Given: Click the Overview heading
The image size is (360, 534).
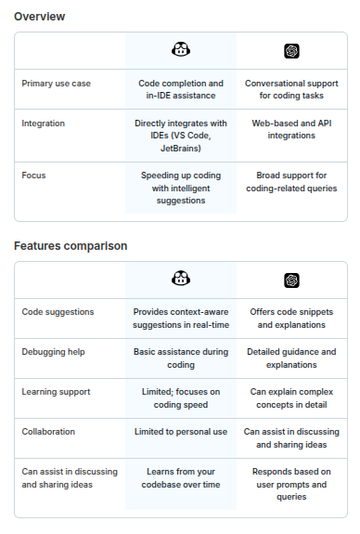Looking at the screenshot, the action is tap(40, 17).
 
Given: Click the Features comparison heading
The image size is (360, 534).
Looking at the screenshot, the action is tap(71, 246).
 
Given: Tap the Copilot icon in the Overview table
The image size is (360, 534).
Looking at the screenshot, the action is tap(181, 50).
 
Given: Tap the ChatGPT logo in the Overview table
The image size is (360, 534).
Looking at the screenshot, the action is tap(291, 51).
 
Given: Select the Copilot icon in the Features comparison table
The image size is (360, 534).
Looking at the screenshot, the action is tap(181, 279).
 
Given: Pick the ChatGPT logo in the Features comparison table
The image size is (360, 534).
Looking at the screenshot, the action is tap(291, 280).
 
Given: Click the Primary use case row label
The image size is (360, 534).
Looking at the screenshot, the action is tap(57, 84).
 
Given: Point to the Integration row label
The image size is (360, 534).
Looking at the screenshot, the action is tap(44, 124).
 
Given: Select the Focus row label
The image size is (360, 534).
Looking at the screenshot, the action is tap(33, 176).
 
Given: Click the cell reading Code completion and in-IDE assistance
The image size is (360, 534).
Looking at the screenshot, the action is tap(181, 89).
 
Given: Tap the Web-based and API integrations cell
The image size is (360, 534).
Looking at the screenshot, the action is tap(291, 129).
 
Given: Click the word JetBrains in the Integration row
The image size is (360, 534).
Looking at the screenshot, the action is tap(181, 149).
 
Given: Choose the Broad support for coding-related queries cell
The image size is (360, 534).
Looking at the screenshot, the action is tap(291, 181).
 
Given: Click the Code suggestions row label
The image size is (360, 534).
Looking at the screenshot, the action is tap(58, 312).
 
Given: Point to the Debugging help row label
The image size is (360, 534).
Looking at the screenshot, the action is tap(54, 352).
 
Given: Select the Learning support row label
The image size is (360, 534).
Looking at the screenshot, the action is tap(57, 392).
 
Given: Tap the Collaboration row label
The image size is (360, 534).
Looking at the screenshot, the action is tap(48, 432).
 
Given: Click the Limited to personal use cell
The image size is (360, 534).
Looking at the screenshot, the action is tap(181, 432).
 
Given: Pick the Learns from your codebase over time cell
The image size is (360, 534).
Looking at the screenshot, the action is tap(181, 477).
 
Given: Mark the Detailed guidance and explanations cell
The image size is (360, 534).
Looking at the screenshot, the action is tap(291, 358).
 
